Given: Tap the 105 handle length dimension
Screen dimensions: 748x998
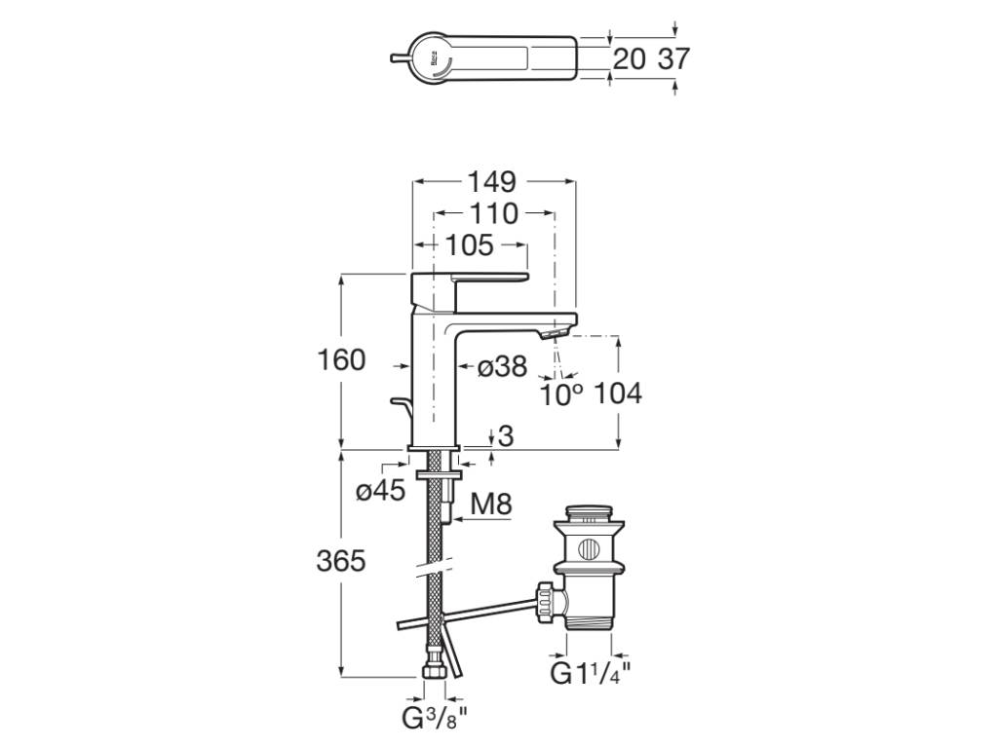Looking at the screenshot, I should pyautogui.click(x=471, y=245).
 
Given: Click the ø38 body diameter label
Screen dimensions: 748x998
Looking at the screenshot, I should pyautogui.click(x=503, y=367).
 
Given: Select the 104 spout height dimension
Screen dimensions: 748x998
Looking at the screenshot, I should pyautogui.click(x=618, y=394).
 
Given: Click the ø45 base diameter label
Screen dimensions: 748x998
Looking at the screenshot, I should pyautogui.click(x=380, y=492).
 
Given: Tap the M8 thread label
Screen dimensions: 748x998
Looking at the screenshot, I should pyautogui.click(x=491, y=505).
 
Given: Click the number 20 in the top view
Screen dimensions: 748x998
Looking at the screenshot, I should pyautogui.click(x=630, y=59).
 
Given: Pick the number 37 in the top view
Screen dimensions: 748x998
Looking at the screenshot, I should pyautogui.click(x=673, y=59).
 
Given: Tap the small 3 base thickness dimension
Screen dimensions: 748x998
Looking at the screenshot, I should pyautogui.click(x=504, y=436).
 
